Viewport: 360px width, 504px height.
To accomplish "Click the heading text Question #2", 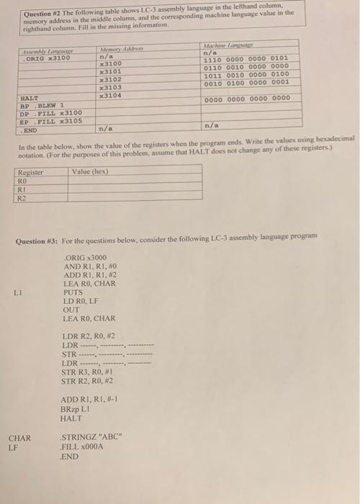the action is click(42, 14).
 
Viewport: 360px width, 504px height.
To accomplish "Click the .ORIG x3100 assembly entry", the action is click(48, 57).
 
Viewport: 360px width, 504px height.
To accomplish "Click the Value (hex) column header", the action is click(90, 172).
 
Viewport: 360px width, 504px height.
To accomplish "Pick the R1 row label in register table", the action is click(23, 187).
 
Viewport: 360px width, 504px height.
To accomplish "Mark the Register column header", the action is click(31, 172).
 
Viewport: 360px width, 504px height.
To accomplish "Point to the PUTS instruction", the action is click(73, 294).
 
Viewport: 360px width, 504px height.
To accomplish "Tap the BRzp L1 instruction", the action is click(81, 407).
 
